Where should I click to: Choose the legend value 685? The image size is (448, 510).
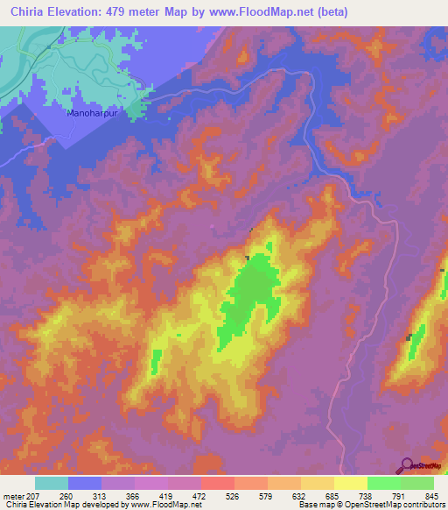pos(330,495)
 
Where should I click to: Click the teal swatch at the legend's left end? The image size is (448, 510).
pos(52,483)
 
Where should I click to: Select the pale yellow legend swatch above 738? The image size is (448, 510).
pos(350,483)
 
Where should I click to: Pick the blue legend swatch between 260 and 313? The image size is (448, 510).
pos(85,483)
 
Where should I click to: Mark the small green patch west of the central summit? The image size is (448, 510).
pos(157,359)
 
